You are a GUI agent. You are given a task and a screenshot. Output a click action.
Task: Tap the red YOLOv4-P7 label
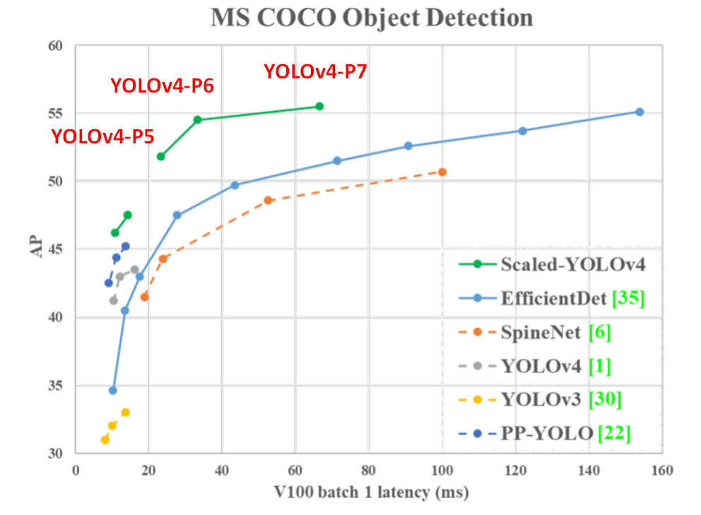315,71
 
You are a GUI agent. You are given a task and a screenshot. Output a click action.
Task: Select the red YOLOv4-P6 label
162,86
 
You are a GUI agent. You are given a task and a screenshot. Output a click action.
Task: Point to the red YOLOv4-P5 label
103,137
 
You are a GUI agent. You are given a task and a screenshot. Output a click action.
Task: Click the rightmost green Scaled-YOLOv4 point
319,106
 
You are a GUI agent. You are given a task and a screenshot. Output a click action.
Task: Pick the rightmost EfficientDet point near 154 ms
640,112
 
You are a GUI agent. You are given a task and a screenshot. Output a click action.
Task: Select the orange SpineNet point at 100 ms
442,172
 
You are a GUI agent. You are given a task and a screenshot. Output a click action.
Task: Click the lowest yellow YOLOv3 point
105,439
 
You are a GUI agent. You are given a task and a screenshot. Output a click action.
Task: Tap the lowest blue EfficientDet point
112,390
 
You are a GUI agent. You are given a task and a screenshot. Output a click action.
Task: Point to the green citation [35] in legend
628,299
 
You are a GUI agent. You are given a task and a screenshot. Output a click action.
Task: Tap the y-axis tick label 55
55,114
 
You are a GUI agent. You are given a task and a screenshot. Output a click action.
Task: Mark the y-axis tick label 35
55,386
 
